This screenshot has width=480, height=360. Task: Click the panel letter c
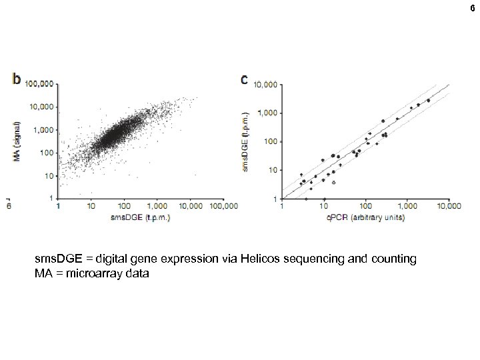point(244,80)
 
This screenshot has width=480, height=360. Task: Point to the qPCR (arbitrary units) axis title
point(366,217)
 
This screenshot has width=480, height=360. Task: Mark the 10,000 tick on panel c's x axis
point(448,207)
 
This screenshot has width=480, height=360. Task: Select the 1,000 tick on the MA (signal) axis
point(44,129)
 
